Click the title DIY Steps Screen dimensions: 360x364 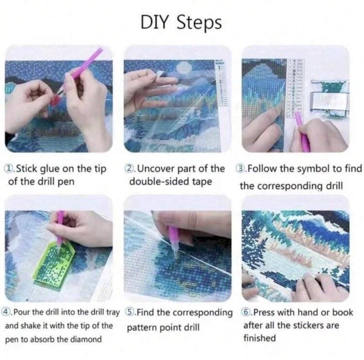[182, 22]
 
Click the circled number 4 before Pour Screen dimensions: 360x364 [7, 313]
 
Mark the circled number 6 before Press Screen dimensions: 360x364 [246, 313]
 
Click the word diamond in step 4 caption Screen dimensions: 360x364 [87, 340]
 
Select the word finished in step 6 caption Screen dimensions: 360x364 [259, 338]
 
